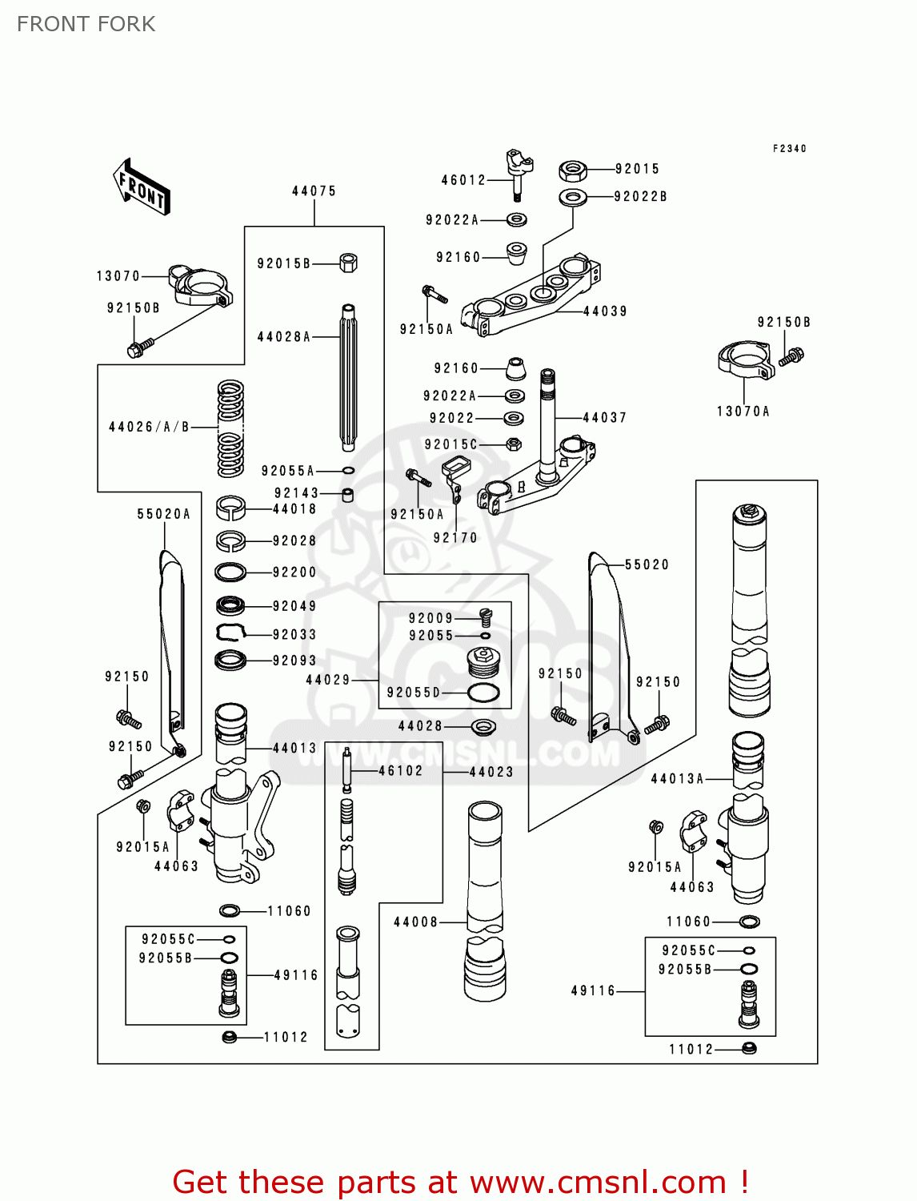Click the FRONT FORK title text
(86, 24)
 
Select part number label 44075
(314, 191)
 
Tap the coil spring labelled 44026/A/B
(230, 428)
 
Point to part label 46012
(463, 180)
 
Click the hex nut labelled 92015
(572, 170)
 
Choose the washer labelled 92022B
(572, 196)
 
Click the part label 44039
(605, 311)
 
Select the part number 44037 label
(604, 417)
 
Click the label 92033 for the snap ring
(294, 634)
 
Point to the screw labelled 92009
(486, 617)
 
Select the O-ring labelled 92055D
(483, 693)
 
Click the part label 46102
(400, 771)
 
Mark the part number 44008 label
(416, 922)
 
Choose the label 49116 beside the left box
(296, 975)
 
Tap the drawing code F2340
(789, 149)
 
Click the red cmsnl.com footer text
(460, 1182)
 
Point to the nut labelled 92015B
(348, 263)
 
